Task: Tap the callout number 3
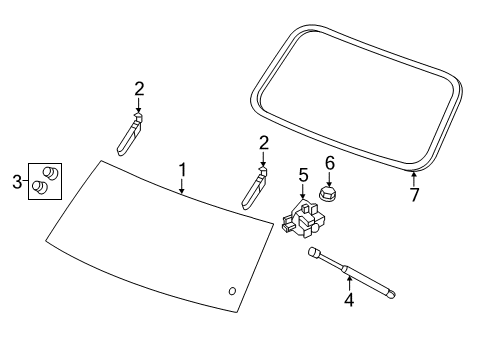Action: click(15, 182)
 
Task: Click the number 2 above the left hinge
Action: click(139, 90)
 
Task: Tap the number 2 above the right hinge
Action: click(263, 143)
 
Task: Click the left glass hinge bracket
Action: click(129, 135)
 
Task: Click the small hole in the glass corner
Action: click(233, 291)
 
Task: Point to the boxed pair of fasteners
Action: click(45, 181)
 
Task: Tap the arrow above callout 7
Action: click(412, 177)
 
